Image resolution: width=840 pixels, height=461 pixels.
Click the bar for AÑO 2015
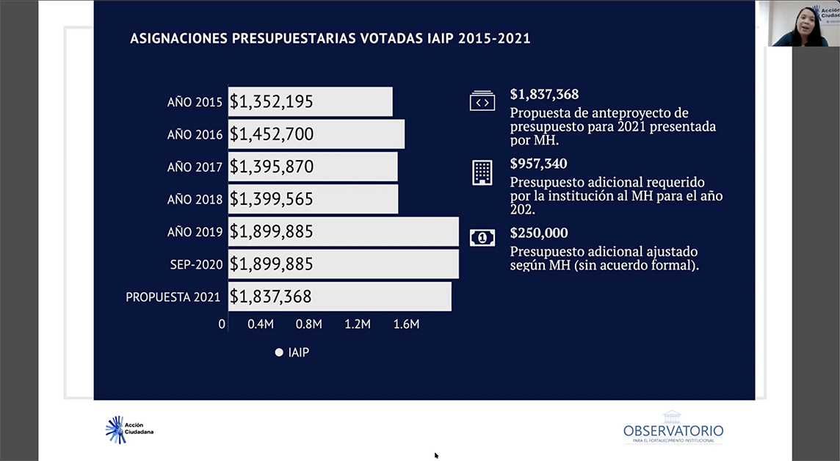coord(310,102)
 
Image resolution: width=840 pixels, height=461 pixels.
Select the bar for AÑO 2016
coord(316,134)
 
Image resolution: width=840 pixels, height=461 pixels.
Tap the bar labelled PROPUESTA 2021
coord(339,297)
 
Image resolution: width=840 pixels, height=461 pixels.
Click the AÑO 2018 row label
coord(195,200)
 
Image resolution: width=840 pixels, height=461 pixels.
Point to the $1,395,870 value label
coord(272,167)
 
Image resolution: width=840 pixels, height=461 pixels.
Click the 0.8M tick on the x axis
coord(308,324)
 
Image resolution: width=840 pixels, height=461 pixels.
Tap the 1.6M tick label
coord(406,324)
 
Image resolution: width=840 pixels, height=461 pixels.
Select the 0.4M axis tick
coord(261,324)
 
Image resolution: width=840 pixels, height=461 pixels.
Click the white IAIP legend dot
coord(279,352)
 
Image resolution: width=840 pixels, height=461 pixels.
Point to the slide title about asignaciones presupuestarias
coord(330,39)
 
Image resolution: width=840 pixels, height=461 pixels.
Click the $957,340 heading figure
coord(538,164)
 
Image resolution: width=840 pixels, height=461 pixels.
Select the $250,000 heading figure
coord(539,233)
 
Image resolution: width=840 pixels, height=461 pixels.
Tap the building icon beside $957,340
coord(482,173)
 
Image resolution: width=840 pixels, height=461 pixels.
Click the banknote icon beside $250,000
coord(482,237)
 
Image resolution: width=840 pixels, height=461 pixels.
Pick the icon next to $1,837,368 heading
coord(482,101)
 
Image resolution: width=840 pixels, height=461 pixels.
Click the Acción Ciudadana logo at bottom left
coord(129,429)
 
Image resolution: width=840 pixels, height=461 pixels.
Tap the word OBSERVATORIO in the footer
coord(673,431)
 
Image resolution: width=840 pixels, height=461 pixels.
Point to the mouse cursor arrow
coord(436,455)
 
